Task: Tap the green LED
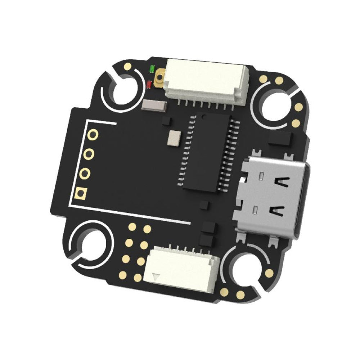click(x=152, y=68)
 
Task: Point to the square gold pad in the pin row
click(x=80, y=194)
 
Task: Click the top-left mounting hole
click(x=125, y=89)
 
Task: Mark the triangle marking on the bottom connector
click(x=156, y=278)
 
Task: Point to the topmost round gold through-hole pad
click(x=93, y=135)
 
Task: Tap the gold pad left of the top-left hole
click(x=128, y=66)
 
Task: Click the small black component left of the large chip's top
click(x=166, y=120)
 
